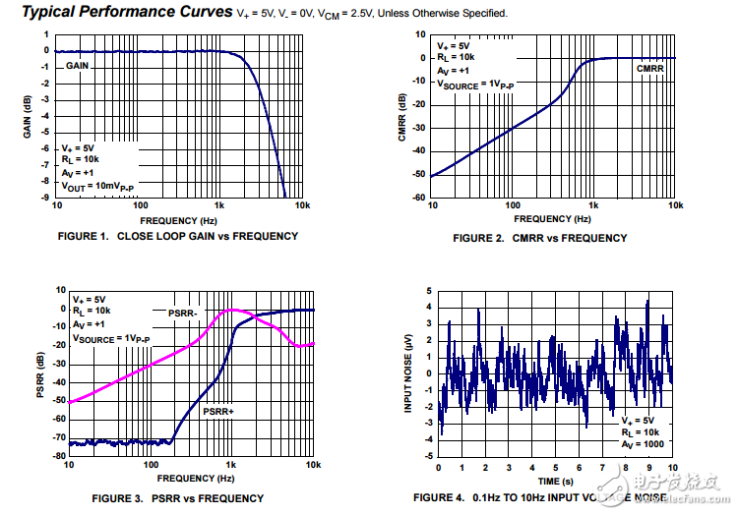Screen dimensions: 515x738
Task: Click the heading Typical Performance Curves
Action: point(118,12)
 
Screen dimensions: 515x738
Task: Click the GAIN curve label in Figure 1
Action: point(79,65)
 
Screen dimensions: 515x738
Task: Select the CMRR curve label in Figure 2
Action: point(650,68)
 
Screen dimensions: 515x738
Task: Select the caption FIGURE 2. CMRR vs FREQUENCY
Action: point(539,238)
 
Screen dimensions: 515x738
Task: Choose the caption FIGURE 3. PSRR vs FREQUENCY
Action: point(177,498)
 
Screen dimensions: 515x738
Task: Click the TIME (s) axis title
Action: point(556,482)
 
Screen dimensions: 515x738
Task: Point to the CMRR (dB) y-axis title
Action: point(402,117)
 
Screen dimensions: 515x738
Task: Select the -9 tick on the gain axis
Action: point(45,198)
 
